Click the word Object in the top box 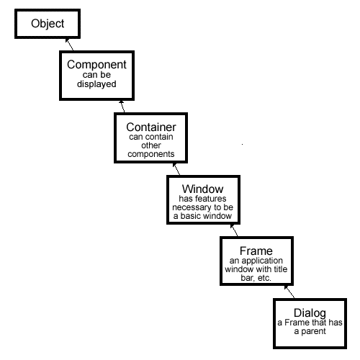(48, 24)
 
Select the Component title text (96, 64)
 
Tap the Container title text (151, 127)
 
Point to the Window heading (203, 189)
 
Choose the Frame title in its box (256, 251)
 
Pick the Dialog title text (310, 312)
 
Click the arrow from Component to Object (70, 45)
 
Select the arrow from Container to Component (122, 107)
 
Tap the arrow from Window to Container (176, 169)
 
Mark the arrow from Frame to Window (234, 230)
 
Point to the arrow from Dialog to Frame (289, 292)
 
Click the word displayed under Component (96, 84)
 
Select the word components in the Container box (151, 154)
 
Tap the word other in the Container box (151, 145)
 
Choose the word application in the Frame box (262, 261)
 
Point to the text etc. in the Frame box (264, 278)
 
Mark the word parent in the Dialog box (313, 332)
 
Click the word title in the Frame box (281, 269)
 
